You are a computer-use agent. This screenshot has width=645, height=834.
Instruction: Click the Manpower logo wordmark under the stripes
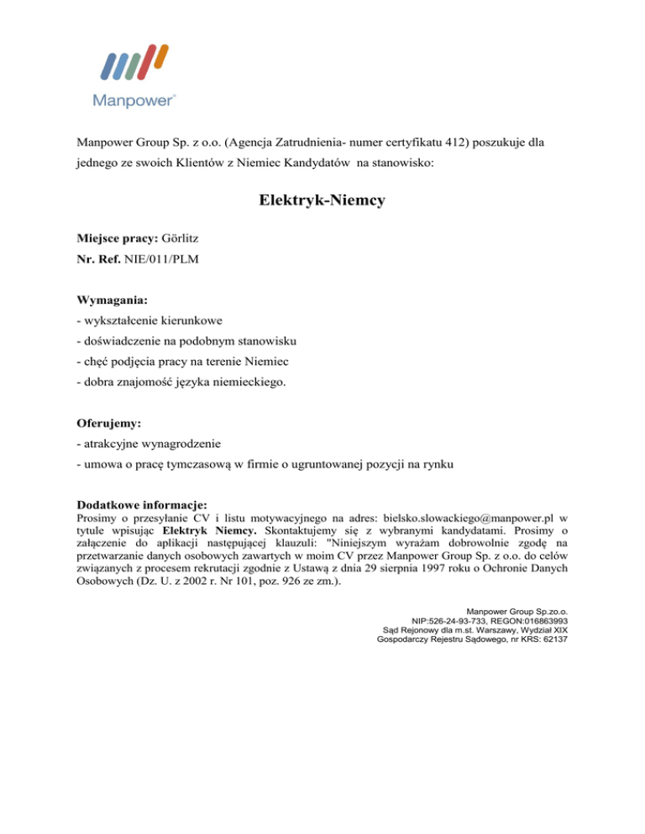click(x=133, y=101)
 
